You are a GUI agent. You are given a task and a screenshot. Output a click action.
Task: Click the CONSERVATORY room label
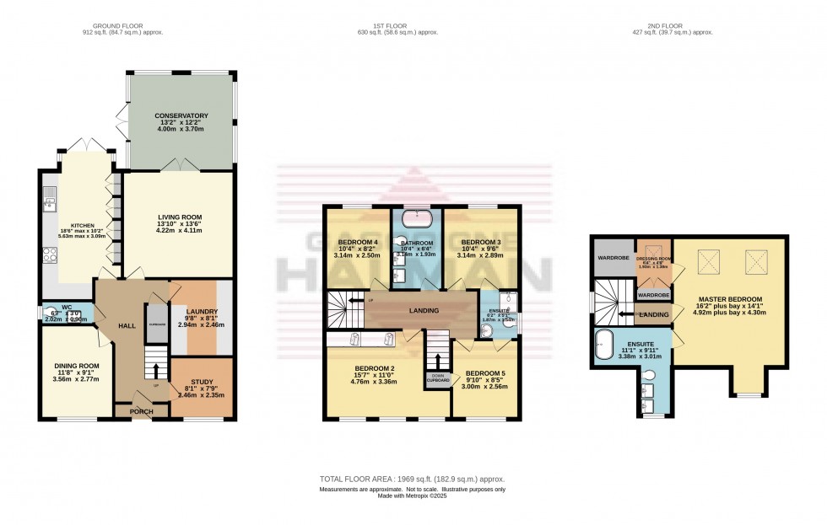pos(181,116)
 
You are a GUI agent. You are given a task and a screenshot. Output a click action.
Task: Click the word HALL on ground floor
pos(127,325)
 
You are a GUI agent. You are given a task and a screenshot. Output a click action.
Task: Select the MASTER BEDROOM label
pos(730,299)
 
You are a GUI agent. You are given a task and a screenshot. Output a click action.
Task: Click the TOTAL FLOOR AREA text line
pos(412,479)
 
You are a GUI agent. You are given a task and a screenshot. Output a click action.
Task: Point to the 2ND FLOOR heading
pos(666,25)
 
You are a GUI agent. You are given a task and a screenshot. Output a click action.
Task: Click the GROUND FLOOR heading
pos(122,25)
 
